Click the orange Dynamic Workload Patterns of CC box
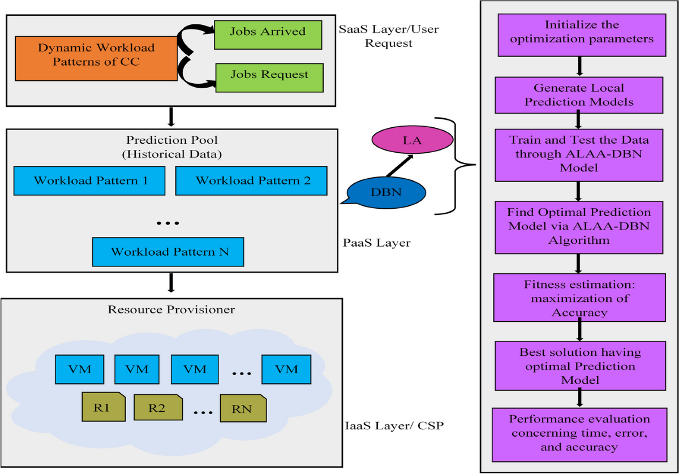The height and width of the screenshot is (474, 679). coord(96,58)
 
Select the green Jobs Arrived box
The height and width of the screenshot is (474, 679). coord(268,35)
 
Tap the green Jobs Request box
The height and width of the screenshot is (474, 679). coord(269,78)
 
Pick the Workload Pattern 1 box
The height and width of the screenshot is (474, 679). coord(89,180)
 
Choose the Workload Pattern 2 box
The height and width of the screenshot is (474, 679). coord(251,180)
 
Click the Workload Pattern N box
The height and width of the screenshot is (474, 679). coord(168,252)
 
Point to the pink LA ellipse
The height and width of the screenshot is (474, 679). coord(412,140)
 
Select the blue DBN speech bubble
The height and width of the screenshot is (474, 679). coord(385,193)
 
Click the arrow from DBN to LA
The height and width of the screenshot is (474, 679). coord(399,166)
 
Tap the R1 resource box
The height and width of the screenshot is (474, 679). coord(104,407)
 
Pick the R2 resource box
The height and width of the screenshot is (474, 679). coord(158,407)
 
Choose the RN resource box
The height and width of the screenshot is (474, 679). coord(243,408)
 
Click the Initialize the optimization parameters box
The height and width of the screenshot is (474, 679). coord(582,35)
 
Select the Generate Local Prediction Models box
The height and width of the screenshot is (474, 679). coord(579,95)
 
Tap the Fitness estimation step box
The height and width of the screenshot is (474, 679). coord(579,298)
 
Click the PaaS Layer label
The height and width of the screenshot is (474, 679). coord(376,243)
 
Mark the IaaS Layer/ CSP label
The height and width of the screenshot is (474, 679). coord(394,426)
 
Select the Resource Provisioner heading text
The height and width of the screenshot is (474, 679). coord(171,309)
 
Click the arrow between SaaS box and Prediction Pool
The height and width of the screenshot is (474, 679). coord(171,117)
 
